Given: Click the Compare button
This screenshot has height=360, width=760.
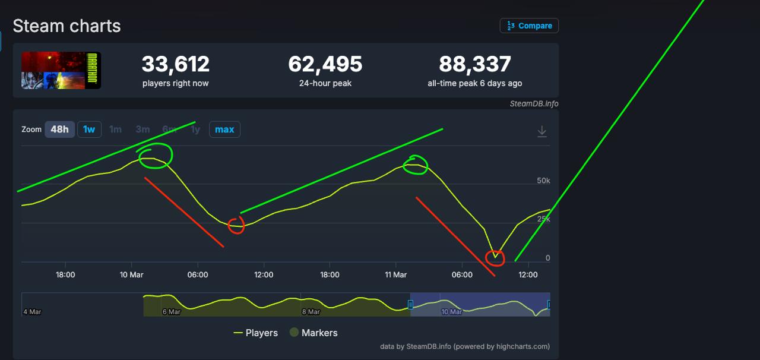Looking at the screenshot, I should coord(529,26).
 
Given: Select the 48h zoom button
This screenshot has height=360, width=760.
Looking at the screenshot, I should coord(59,130).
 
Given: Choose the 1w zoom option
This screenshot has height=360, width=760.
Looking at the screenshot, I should coord(89,130).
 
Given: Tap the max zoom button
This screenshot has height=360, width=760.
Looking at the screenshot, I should coord(224,130).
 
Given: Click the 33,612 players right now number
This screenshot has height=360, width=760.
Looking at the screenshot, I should coord(175,64).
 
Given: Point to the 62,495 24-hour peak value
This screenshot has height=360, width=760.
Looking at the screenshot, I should coord(325,64).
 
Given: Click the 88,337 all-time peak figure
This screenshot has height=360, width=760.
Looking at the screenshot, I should coord(475,64).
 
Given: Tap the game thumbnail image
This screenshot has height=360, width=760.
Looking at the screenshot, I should coord(61,70).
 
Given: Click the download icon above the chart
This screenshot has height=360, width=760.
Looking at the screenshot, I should coord(542,131).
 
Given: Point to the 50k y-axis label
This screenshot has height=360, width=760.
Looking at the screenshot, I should coord(543,181).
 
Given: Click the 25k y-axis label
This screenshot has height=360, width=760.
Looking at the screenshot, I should coord(543,219).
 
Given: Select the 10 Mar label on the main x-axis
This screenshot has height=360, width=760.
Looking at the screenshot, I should coord(131,274).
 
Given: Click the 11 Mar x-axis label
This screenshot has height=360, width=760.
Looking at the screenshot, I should coord(396,274).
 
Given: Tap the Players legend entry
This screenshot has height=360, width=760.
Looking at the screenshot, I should coord(256,333).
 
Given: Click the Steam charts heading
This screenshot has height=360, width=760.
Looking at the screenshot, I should coord(66,26).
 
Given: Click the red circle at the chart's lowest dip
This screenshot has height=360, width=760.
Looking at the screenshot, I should coord(495,257).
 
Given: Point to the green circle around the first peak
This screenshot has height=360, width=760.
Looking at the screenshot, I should coord(156,155).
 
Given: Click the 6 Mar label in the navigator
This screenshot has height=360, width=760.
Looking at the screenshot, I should coord(172,312).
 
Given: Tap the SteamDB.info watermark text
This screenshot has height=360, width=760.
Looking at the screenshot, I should coord(534,104).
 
